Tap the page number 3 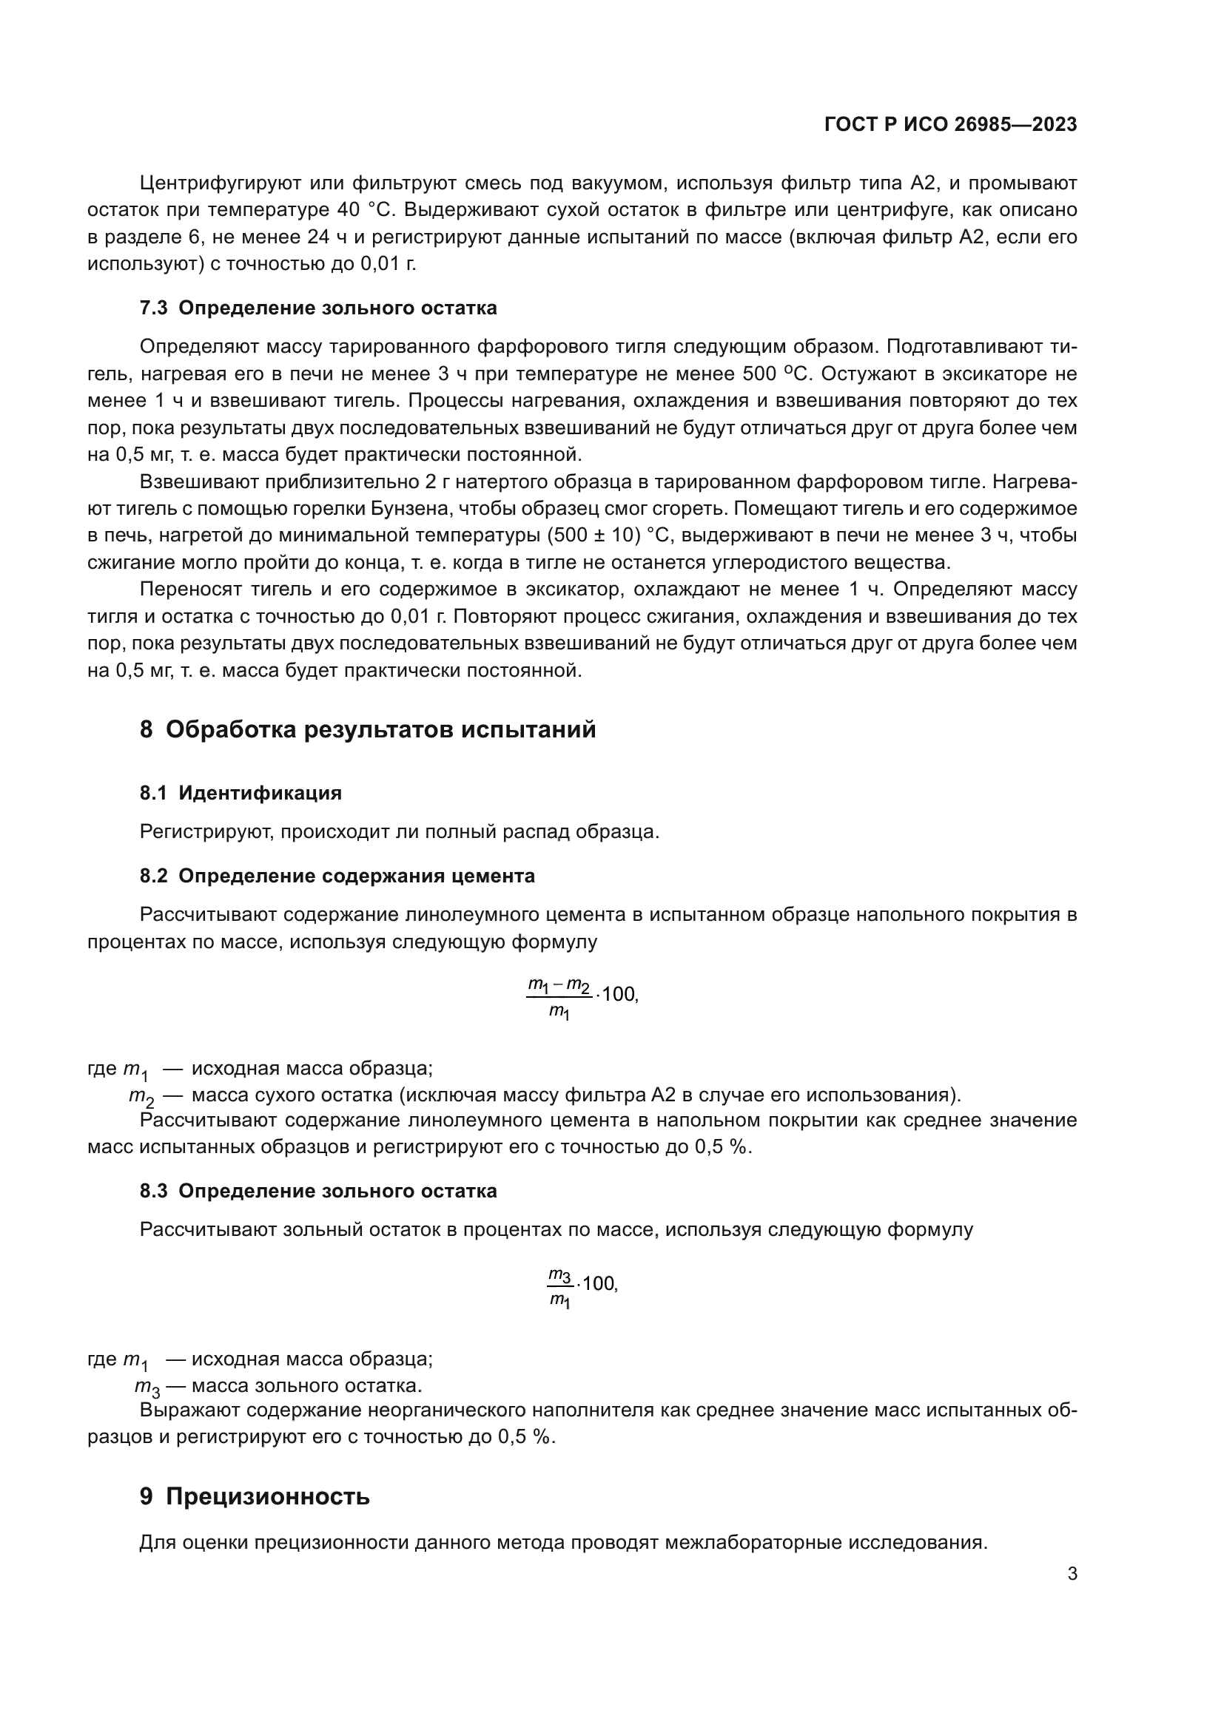pyautogui.click(x=1072, y=1573)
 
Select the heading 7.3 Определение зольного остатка pyautogui.click(x=318, y=308)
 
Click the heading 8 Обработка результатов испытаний pyautogui.click(x=368, y=729)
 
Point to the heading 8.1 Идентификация pyautogui.click(x=241, y=793)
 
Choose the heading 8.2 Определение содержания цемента pyautogui.click(x=337, y=876)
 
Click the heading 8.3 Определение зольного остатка pyautogui.click(x=318, y=1191)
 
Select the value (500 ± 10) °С pyautogui.click(x=608, y=535)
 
